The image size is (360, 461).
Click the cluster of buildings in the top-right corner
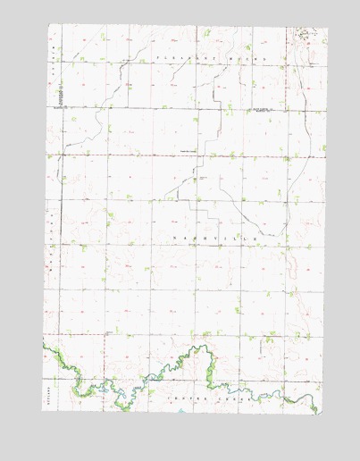click(x=307, y=33)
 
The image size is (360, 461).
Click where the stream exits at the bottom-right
click(x=318, y=412)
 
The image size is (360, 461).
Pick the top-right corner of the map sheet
click(x=328, y=29)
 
